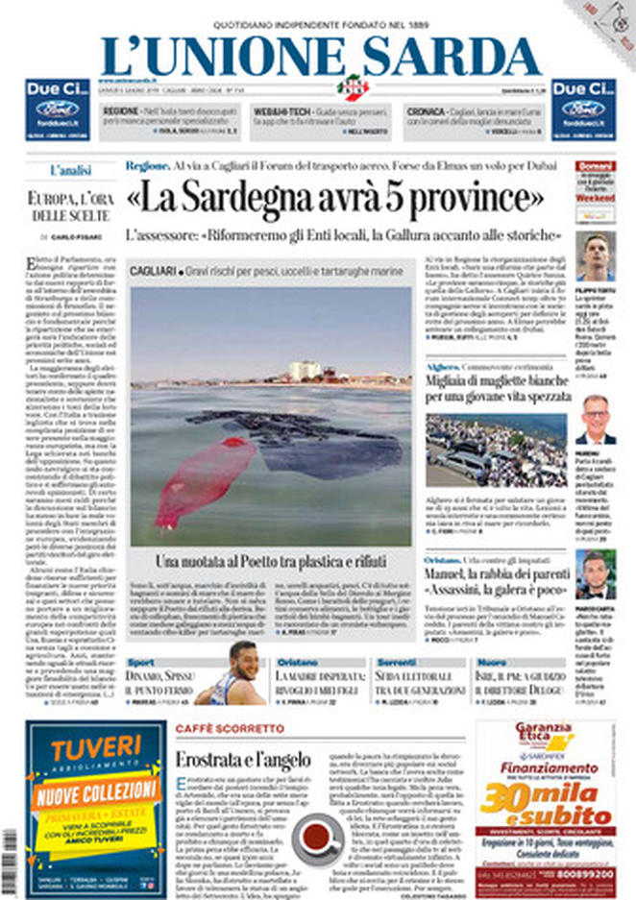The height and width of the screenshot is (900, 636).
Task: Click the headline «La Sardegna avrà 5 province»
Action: point(334,199)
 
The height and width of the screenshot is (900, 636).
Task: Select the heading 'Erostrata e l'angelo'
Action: point(243,760)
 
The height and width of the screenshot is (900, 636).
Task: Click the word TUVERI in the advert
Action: point(96,748)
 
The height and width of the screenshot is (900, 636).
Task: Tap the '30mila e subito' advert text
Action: point(545,804)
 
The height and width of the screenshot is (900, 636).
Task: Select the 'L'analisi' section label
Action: point(70,170)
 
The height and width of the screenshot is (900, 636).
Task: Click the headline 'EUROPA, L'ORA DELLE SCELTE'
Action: point(70,207)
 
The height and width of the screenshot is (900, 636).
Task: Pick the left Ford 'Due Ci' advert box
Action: point(57,110)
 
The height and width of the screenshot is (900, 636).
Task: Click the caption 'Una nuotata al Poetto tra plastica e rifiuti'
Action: point(273,561)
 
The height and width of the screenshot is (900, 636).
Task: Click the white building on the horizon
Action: point(305,370)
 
